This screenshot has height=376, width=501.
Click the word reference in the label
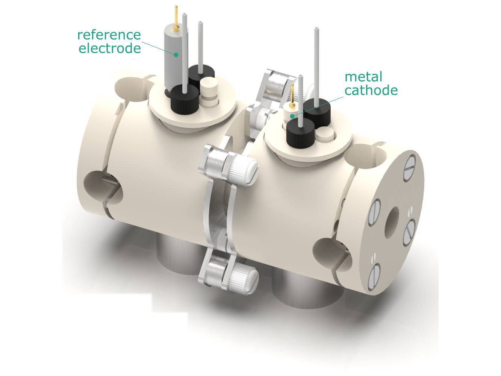[109, 35]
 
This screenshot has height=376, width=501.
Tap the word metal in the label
[363, 77]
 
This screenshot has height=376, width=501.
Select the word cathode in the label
[371, 91]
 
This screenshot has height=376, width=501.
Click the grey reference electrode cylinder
[173, 60]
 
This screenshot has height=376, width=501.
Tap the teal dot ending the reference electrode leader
[176, 55]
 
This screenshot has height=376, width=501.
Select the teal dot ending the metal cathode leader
[292, 116]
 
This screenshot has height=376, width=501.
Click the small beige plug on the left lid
[206, 88]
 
